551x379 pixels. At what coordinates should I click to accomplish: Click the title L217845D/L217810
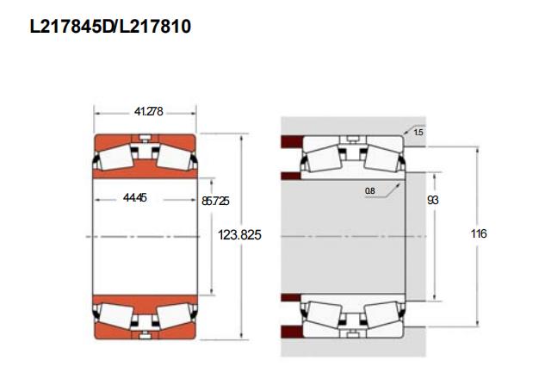pyautogui.click(x=110, y=27)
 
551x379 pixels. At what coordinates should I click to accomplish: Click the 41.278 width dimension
pyautogui.click(x=148, y=111)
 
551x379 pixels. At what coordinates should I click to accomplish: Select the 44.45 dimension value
pyautogui.click(x=135, y=197)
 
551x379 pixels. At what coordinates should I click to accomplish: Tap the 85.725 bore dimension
pyautogui.click(x=215, y=201)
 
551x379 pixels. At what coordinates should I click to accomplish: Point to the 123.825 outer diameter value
pyautogui.click(x=239, y=234)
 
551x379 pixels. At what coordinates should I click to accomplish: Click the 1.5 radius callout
pyautogui.click(x=418, y=132)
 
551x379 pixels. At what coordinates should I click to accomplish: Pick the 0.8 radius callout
pyautogui.click(x=370, y=191)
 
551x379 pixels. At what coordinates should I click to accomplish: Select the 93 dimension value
pyautogui.click(x=432, y=200)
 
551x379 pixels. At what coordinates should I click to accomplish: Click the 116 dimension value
pyautogui.click(x=479, y=233)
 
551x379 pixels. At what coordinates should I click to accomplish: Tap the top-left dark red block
pyautogui.click(x=292, y=141)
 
